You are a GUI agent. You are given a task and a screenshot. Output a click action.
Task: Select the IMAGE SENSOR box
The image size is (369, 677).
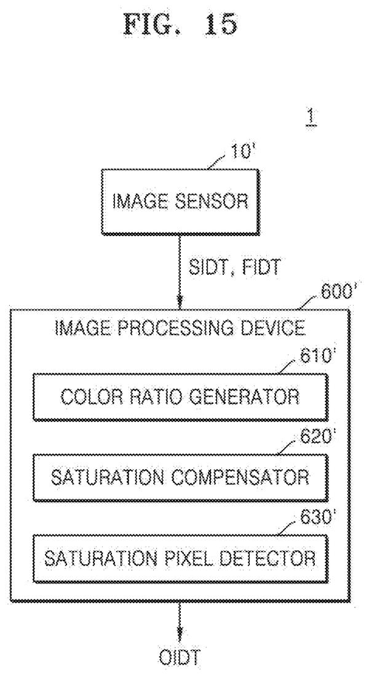click(x=181, y=202)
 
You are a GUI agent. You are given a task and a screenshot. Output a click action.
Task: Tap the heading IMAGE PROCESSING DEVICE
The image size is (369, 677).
click(x=180, y=328)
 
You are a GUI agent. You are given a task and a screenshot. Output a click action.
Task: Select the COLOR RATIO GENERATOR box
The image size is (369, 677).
click(x=180, y=397)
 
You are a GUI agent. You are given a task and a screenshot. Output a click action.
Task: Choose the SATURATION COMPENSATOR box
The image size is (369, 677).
click(x=180, y=478)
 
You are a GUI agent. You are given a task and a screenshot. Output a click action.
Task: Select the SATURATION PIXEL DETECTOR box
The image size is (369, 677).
click(x=180, y=558)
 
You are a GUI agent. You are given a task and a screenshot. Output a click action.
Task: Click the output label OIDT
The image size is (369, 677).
click(x=180, y=659)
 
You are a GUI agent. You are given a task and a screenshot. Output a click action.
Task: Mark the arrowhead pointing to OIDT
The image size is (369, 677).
click(x=180, y=639)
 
